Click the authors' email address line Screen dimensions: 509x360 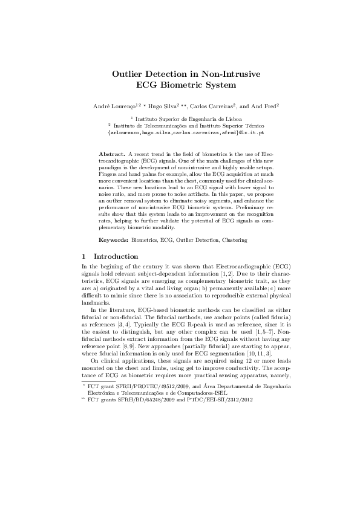pos(180,132)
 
